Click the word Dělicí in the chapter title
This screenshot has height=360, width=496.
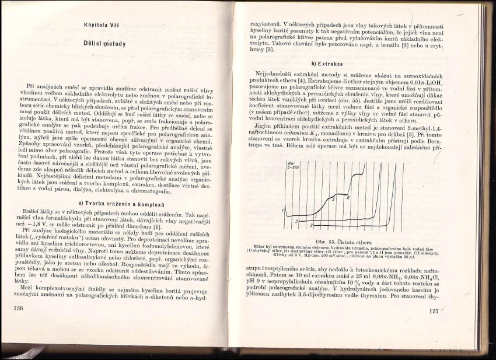pos(96,44)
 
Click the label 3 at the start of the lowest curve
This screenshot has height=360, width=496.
pos(311,224)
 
